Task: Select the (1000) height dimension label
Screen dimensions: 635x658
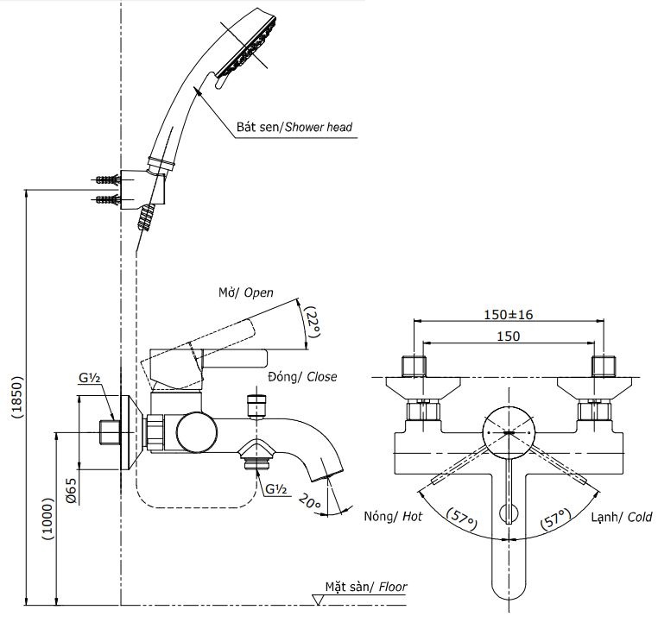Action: (x=47, y=519)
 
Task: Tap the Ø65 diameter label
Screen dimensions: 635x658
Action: (x=73, y=495)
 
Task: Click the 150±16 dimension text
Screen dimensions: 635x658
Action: (x=509, y=315)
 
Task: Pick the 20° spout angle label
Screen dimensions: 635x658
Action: (x=309, y=500)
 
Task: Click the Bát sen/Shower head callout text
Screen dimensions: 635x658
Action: (x=294, y=127)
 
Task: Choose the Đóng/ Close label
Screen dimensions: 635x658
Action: (x=302, y=377)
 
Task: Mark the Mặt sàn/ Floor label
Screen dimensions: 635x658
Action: (x=365, y=587)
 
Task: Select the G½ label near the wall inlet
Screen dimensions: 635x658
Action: (x=90, y=378)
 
